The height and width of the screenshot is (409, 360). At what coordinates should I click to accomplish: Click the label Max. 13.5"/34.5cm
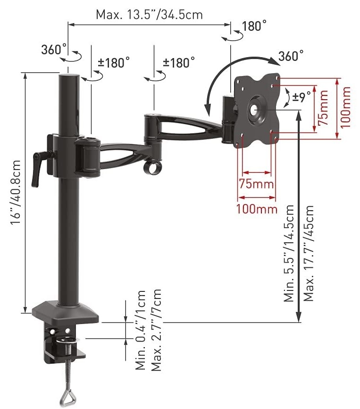click(149, 15)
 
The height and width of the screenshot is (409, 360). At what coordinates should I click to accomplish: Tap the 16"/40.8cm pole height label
click(15, 192)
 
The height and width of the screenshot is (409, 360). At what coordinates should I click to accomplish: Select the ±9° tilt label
click(302, 97)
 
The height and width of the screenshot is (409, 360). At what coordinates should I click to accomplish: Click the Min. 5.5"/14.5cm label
click(289, 254)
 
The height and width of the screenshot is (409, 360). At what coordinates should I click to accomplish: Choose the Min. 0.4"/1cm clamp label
click(141, 330)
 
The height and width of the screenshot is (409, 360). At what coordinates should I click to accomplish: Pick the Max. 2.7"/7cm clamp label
click(156, 330)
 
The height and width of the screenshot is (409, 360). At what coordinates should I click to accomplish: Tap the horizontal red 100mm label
click(257, 209)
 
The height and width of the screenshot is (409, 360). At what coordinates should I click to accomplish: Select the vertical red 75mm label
click(323, 108)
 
